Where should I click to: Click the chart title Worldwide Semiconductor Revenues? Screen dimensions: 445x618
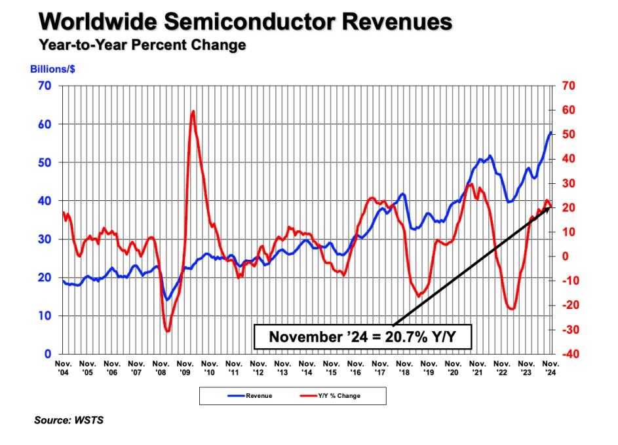click(246, 22)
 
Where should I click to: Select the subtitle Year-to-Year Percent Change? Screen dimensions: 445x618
click(142, 46)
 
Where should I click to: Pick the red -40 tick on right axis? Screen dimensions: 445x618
click(568, 354)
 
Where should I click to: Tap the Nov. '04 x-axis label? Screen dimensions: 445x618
click(64, 367)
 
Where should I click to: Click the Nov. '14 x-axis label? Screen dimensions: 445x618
click(307, 367)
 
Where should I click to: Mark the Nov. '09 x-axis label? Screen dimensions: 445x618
click(185, 367)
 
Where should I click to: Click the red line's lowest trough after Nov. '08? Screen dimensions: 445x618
click(168, 331)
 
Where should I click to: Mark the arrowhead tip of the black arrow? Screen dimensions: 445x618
click(551, 206)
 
